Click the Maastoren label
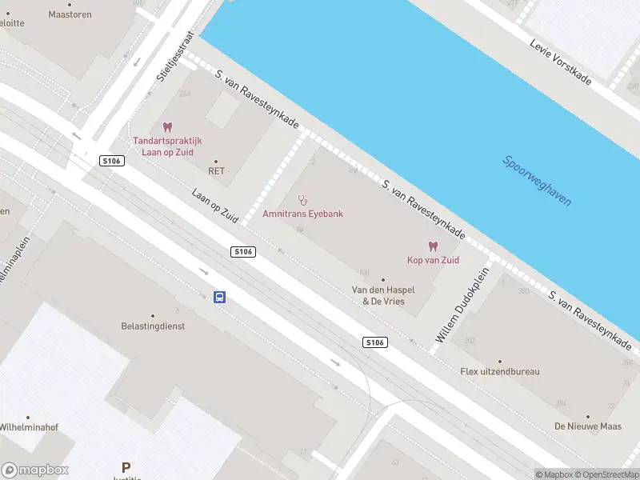(70, 14)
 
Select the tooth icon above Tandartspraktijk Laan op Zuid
(167, 127)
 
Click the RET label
(216, 170)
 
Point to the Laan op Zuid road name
(216, 206)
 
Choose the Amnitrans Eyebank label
(302, 214)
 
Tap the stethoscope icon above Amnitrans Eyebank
(302, 199)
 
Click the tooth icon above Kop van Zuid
(434, 246)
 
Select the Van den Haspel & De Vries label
(383, 295)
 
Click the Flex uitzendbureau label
(500, 371)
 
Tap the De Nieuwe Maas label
(588, 426)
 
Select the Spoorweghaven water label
(537, 180)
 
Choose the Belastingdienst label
(153, 326)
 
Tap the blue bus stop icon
(219, 298)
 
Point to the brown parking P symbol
(125, 467)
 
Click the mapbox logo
(35, 470)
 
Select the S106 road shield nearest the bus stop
(243, 251)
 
